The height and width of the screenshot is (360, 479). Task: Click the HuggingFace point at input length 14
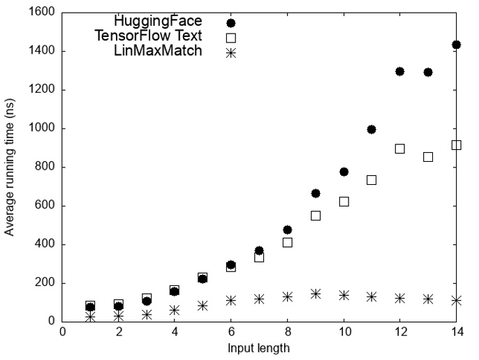click(x=456, y=45)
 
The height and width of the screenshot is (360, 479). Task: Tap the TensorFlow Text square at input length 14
click(x=456, y=145)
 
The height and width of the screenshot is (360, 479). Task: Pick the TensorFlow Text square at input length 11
click(x=371, y=180)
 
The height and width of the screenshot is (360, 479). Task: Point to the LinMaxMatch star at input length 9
click(x=316, y=294)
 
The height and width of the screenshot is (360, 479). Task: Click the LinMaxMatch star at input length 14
click(x=456, y=300)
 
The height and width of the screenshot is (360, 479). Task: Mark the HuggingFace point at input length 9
click(x=316, y=193)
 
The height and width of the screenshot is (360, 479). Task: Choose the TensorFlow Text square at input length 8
click(x=287, y=242)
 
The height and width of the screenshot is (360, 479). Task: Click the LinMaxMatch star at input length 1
click(x=90, y=317)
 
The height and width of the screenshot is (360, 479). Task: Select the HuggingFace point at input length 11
click(x=371, y=129)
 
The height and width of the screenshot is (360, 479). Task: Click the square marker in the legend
click(x=231, y=38)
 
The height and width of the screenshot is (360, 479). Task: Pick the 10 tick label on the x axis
click(x=344, y=333)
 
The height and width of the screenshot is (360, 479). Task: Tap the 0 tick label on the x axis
click(x=62, y=333)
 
